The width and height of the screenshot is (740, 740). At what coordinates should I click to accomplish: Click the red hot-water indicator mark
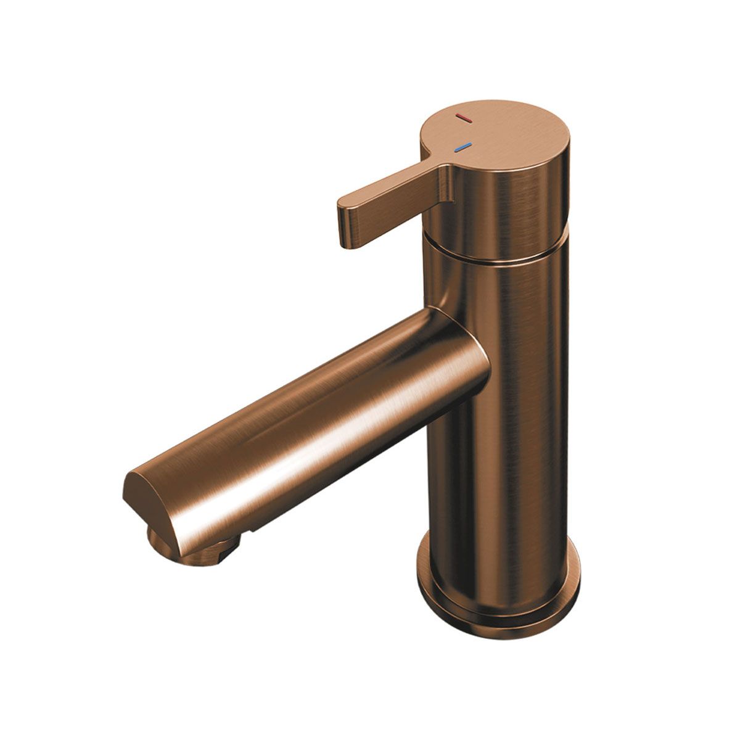[x=462, y=117]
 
